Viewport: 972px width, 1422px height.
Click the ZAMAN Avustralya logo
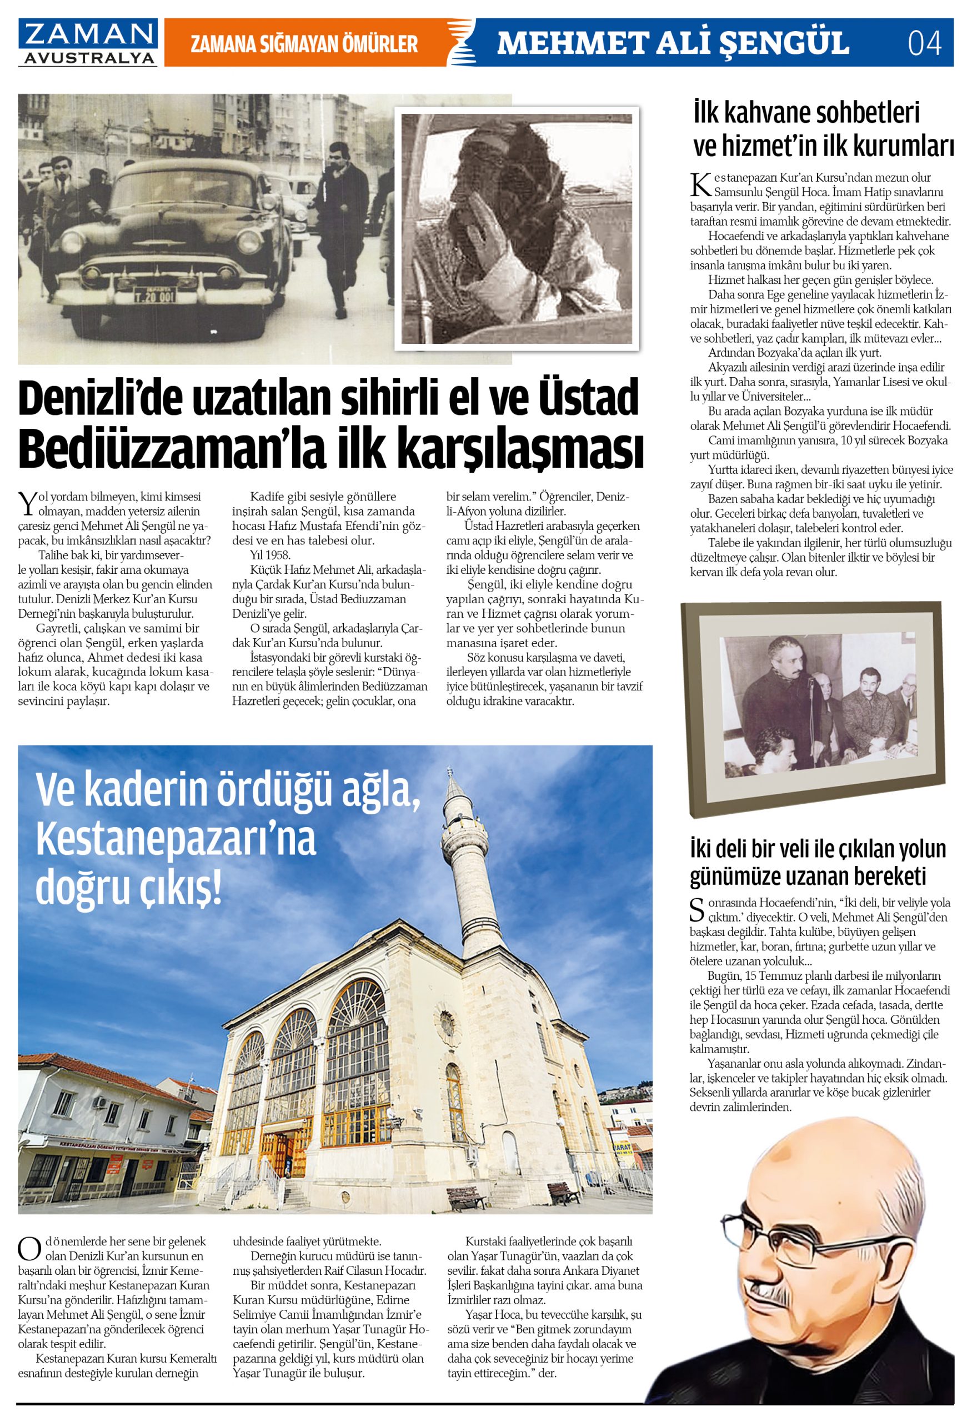pyautogui.click(x=87, y=42)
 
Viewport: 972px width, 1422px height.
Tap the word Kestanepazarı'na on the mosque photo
pyautogui.click(x=176, y=840)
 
